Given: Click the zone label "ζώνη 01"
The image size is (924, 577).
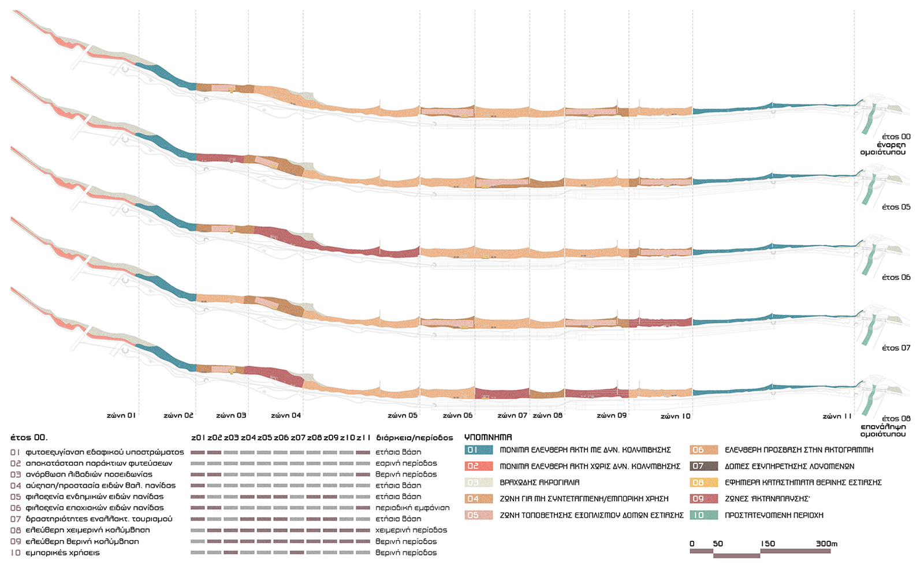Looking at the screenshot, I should [x=121, y=415].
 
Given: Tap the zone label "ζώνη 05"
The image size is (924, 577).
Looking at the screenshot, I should [x=403, y=415].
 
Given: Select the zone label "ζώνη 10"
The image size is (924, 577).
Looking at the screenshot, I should [x=676, y=416].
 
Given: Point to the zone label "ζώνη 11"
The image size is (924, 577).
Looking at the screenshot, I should [x=837, y=416].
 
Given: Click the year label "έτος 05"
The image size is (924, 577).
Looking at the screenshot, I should [x=896, y=207].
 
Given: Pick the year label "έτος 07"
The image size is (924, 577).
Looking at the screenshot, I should [x=896, y=348].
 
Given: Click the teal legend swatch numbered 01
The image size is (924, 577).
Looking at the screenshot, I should [x=479, y=450].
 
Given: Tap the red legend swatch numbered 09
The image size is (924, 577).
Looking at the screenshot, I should [x=704, y=499].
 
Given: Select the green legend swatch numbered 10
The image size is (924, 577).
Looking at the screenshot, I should [x=704, y=515].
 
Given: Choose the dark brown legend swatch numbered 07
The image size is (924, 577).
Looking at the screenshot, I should [x=704, y=466].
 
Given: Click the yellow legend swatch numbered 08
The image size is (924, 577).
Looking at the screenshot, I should [x=704, y=482].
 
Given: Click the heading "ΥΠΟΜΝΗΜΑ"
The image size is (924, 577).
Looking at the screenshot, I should [x=488, y=437].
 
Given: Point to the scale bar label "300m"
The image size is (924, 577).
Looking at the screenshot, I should [x=826, y=544].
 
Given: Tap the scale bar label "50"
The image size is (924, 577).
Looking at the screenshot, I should [x=718, y=544].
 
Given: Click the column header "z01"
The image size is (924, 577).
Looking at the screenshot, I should [x=198, y=438].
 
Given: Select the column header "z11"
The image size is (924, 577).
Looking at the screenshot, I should [x=363, y=438].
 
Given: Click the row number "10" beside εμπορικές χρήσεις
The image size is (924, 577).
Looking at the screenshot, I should [x=16, y=553].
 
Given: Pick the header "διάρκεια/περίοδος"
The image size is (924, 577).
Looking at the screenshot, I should [x=415, y=438].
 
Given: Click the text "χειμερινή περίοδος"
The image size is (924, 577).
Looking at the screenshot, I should [x=411, y=530].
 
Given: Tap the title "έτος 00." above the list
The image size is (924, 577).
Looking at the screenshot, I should [x=29, y=438].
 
